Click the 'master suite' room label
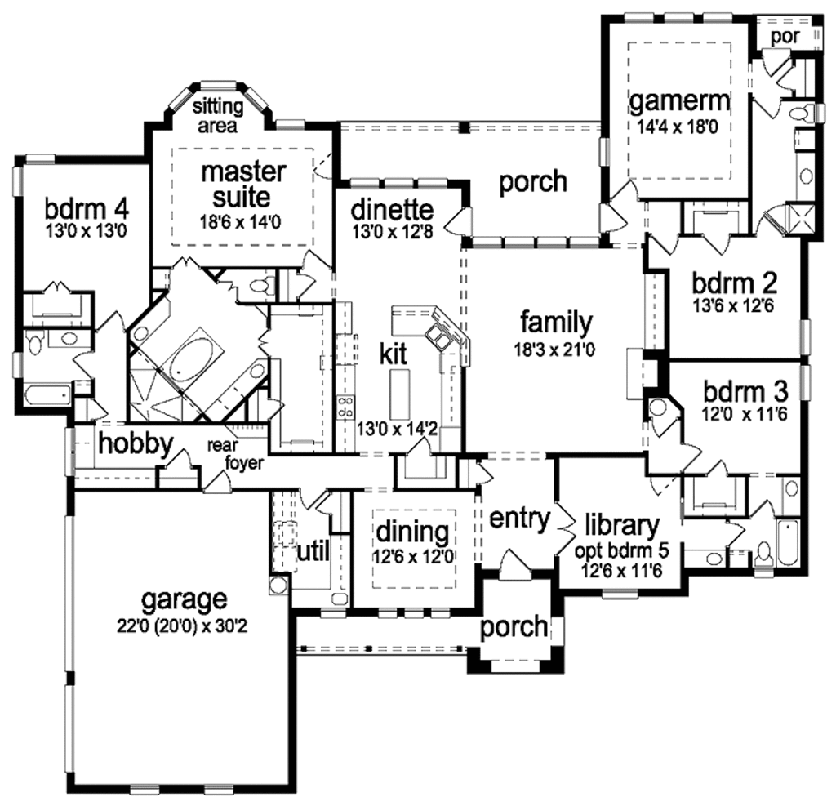(243, 185)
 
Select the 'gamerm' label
(679, 102)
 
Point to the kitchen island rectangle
(398, 392)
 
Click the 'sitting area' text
(217, 116)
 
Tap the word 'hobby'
(136, 444)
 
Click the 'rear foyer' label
(234, 455)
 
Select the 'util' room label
(312, 551)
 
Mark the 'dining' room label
(412, 532)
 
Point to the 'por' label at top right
(786, 38)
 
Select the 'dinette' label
(392, 211)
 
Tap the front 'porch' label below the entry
(513, 626)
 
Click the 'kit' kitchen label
(394, 354)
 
